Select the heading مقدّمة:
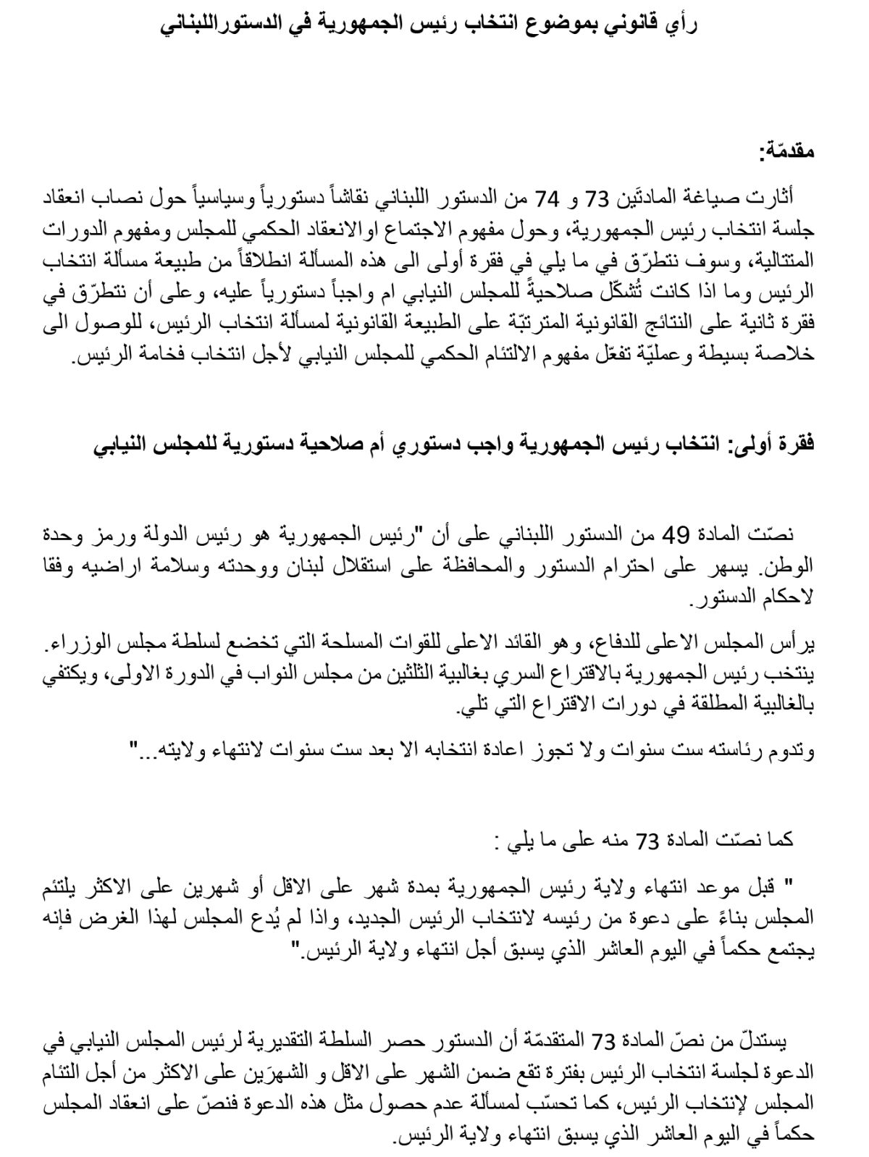click(x=786, y=153)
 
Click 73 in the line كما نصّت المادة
click(x=645, y=841)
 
